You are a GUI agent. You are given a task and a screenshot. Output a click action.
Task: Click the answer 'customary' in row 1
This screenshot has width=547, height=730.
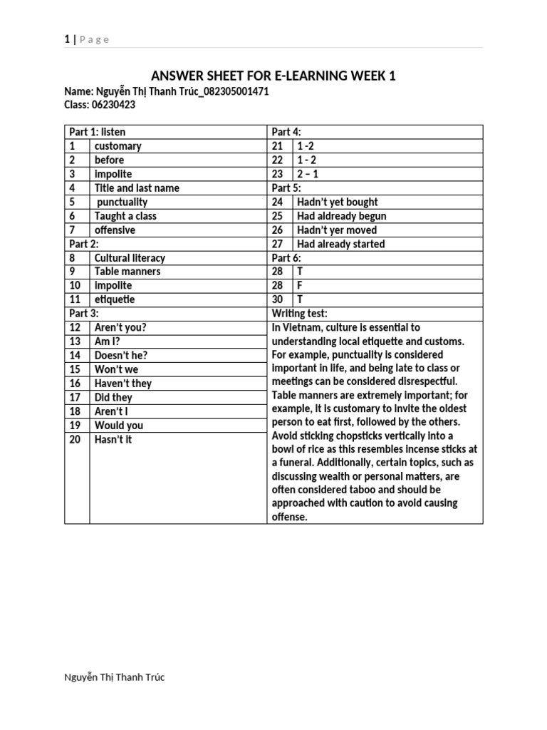pyautogui.click(x=118, y=146)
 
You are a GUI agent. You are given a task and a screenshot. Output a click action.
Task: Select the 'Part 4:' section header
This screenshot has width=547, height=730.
pyautogui.click(x=286, y=132)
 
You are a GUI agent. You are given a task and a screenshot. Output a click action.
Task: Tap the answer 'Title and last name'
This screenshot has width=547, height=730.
pyautogui.click(x=137, y=188)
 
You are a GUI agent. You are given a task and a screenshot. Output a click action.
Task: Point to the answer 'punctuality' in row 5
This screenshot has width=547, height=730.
pyautogui.click(x=122, y=202)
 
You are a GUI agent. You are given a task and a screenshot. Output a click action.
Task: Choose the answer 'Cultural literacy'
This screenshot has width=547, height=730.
pyautogui.click(x=129, y=258)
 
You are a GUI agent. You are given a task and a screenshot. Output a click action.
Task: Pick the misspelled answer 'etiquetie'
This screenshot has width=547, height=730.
pyautogui.click(x=114, y=299)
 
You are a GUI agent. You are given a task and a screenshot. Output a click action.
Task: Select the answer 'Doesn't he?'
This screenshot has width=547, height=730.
pyautogui.click(x=121, y=355)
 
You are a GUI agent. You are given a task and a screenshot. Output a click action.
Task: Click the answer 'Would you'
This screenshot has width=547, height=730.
pyautogui.click(x=118, y=425)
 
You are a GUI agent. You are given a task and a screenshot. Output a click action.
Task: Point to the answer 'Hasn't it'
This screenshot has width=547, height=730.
pyautogui.click(x=113, y=439)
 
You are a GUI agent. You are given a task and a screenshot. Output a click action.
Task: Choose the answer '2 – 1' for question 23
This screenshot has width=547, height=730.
pyautogui.click(x=308, y=174)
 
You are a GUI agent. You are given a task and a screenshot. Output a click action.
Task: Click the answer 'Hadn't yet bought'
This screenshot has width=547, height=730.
pyautogui.click(x=338, y=202)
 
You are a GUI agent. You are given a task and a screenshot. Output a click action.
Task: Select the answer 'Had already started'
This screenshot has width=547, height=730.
pyautogui.click(x=340, y=244)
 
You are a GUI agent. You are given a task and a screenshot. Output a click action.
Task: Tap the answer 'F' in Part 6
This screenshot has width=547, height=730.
pyautogui.click(x=300, y=285)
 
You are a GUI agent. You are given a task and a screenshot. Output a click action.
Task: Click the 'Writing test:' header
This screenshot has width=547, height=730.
pyautogui.click(x=299, y=314)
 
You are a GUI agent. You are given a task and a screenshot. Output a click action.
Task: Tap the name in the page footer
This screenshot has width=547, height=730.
pyautogui.click(x=114, y=677)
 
